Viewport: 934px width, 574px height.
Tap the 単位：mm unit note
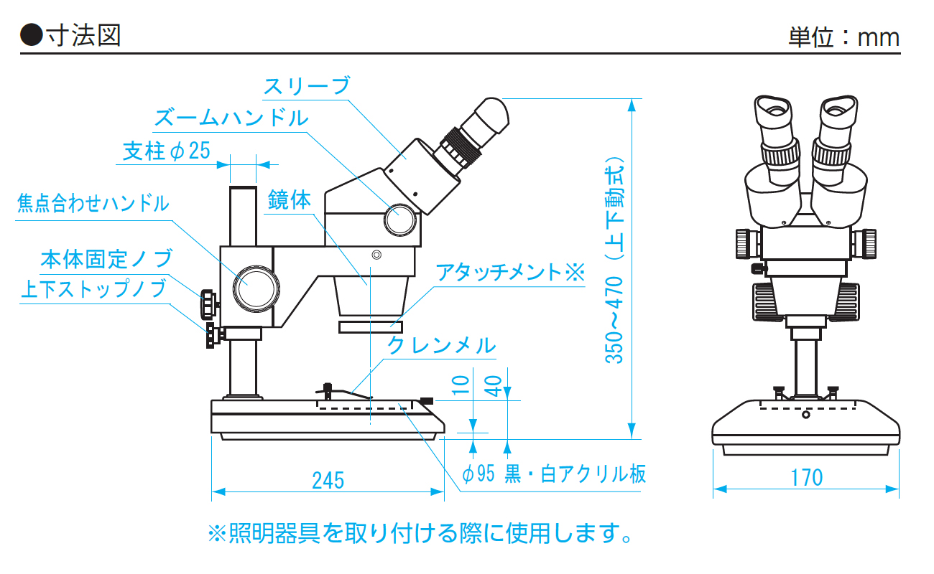[843, 37]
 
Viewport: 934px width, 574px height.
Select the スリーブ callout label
[306, 86]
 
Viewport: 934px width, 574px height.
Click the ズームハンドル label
[231, 117]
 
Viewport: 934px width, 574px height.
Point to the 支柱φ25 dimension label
[166, 151]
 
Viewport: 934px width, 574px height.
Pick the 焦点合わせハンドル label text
[93, 204]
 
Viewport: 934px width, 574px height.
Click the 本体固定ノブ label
[106, 258]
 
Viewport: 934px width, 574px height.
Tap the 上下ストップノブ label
[93, 289]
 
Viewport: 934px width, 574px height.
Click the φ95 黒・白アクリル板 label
[553, 474]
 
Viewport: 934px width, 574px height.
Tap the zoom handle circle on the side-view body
[399, 219]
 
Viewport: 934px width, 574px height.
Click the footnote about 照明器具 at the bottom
[420, 533]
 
